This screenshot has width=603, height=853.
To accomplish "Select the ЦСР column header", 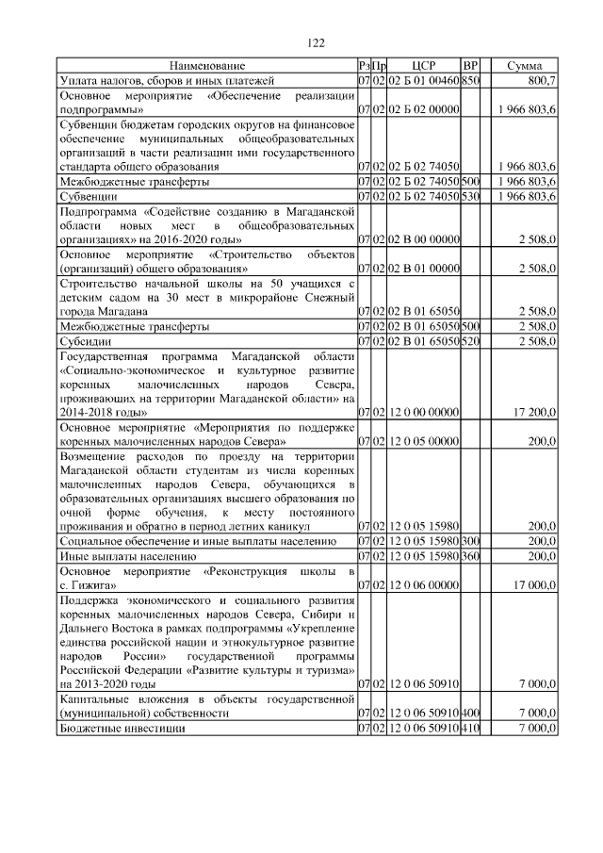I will (423, 66).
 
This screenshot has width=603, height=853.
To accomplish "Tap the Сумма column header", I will (524, 66).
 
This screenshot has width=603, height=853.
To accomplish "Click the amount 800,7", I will (541, 82).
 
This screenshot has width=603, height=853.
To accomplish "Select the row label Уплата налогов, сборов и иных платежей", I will (153, 82).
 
